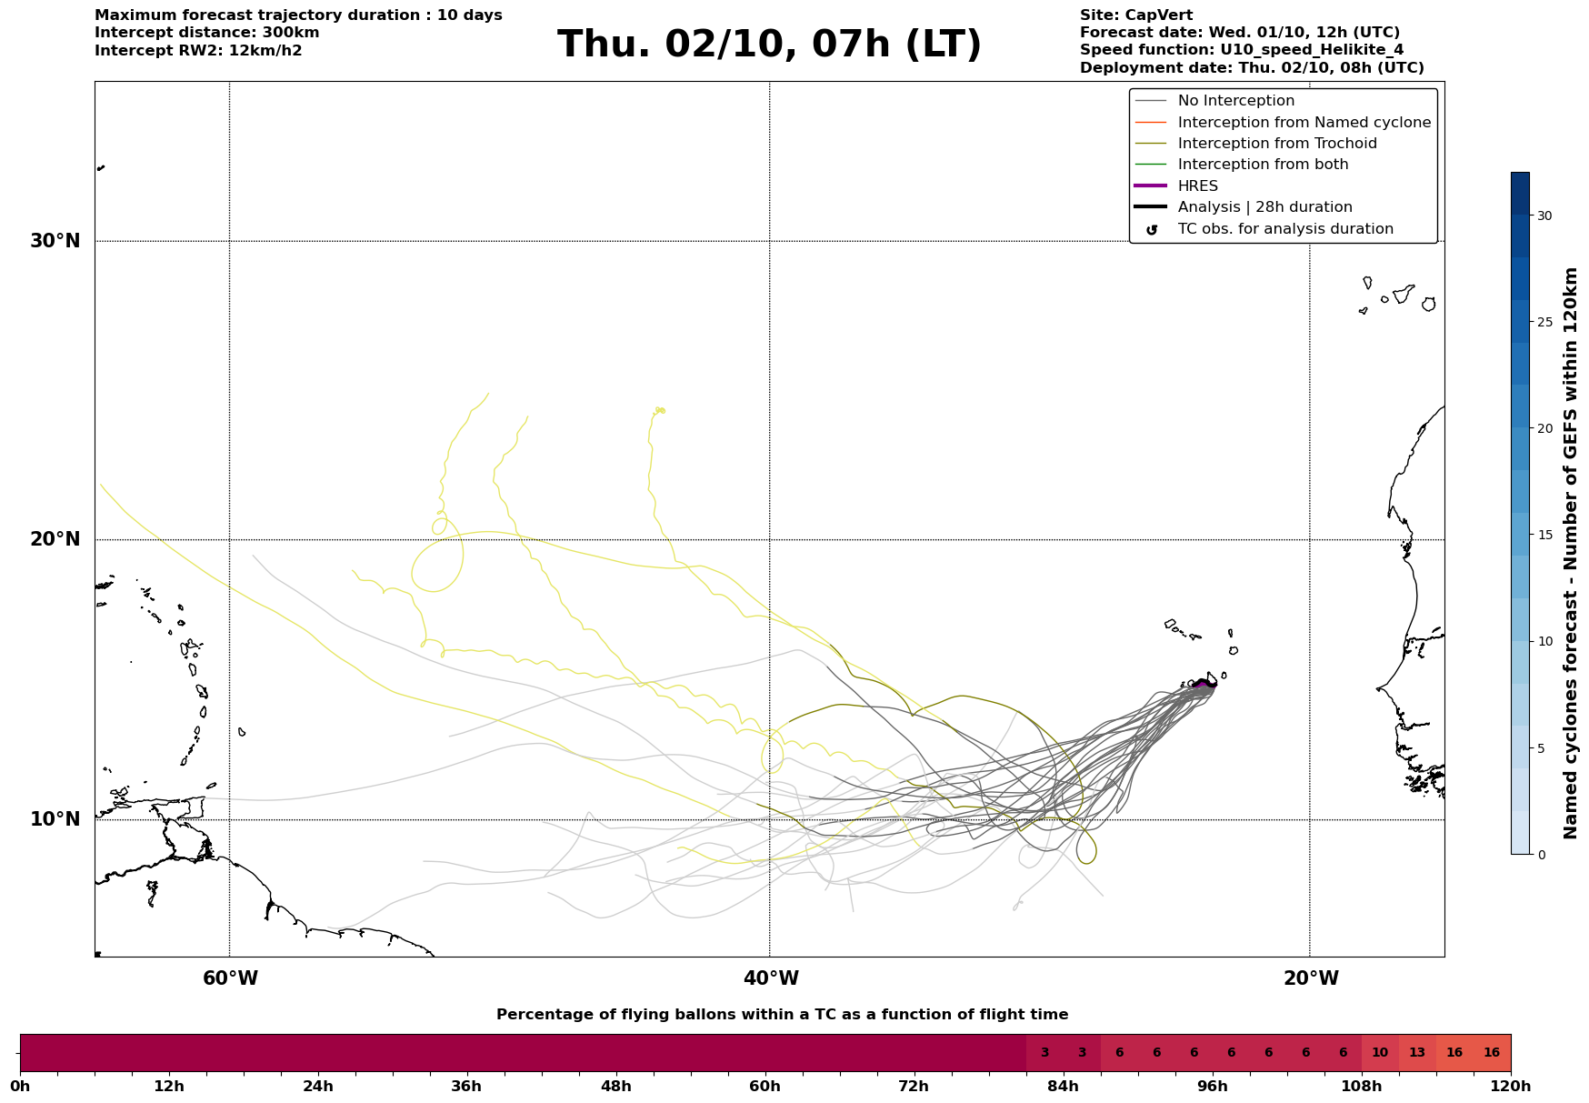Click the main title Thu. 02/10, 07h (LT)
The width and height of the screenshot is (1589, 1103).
click(x=769, y=45)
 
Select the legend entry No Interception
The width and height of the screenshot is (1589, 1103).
click(x=1235, y=101)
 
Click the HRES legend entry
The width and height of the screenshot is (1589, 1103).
click(x=1197, y=186)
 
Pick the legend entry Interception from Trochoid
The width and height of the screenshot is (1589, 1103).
click(x=1276, y=144)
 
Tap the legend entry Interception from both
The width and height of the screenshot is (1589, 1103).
click(x=1263, y=165)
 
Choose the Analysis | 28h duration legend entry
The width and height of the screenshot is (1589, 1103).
click(x=1264, y=207)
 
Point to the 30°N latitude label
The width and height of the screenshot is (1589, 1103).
click(x=55, y=241)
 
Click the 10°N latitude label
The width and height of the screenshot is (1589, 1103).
click(x=55, y=819)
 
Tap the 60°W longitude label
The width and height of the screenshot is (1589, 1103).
click(x=230, y=978)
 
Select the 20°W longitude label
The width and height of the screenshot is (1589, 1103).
click(x=1310, y=978)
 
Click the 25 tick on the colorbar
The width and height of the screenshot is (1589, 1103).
click(x=1544, y=322)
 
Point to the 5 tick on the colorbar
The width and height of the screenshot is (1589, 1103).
click(x=1540, y=748)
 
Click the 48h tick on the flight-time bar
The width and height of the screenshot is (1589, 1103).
click(x=615, y=1086)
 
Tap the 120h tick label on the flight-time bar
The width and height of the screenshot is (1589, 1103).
click(x=1511, y=1086)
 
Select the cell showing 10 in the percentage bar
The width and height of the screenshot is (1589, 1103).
click(x=1379, y=1053)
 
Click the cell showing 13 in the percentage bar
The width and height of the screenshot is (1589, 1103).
click(x=1416, y=1053)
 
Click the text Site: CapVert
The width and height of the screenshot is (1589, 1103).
click(x=1135, y=15)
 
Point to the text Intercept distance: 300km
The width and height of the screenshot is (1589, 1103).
click(x=206, y=33)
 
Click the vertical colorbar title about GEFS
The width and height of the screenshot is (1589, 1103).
click(x=1570, y=553)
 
